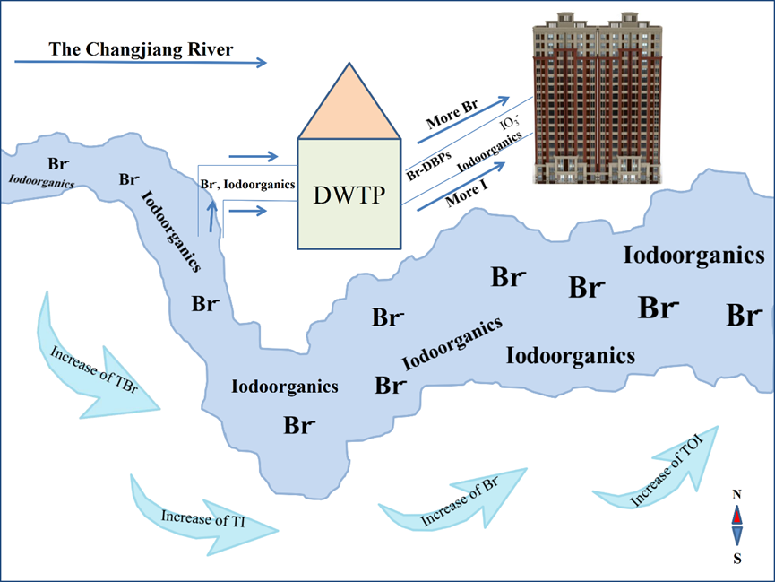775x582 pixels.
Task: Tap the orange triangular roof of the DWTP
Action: [349, 103]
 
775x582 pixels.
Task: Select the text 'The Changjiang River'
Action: [142, 49]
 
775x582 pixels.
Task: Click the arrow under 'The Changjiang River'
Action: [142, 63]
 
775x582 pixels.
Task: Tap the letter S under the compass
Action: [737, 559]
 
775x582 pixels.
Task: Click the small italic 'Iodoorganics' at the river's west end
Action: [42, 179]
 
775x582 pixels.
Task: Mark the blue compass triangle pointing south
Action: [736, 535]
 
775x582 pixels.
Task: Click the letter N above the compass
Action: [736, 494]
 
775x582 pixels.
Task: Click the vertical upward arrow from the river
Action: [212, 215]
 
